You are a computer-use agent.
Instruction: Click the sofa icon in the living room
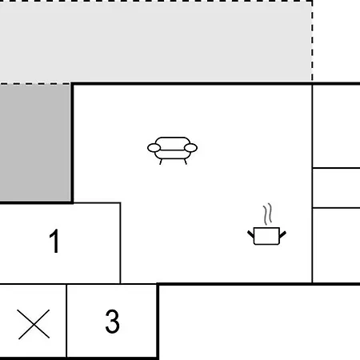pos(172,150)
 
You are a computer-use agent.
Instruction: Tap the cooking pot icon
pos(266,225)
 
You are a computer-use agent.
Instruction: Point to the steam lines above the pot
pos(268,214)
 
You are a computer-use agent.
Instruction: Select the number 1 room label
pos(54,241)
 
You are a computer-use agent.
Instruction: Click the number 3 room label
pos(112,321)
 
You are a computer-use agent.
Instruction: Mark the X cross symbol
pos(34,324)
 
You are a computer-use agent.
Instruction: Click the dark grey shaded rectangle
pos(35,143)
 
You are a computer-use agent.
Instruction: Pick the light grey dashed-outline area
pos(156,42)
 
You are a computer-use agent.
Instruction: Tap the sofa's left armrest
pos(154,148)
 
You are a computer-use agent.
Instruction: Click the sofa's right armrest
pos(190,148)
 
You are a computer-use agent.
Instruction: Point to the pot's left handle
pos(251,234)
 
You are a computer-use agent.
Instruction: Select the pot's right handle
pos(282,234)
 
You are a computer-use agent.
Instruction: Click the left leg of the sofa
pos(161,162)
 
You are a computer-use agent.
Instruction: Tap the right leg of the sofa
pos(186,162)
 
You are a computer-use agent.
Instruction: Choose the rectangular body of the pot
pos(266,236)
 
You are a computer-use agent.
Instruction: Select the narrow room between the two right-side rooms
pos(337,188)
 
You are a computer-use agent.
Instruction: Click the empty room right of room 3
pos(259,322)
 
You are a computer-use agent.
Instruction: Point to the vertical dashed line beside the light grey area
pos(312,42)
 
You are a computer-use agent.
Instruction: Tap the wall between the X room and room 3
pos(66,321)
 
